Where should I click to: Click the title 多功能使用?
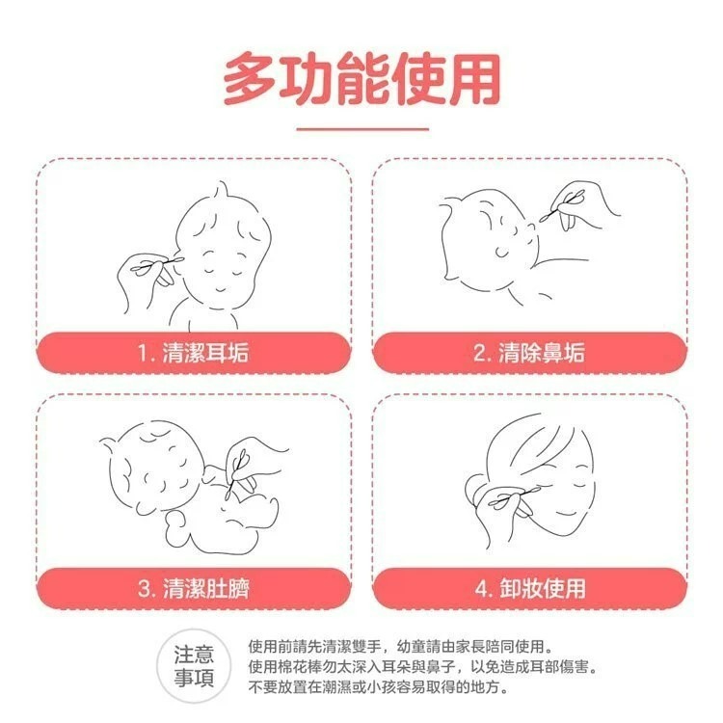coord(361,79)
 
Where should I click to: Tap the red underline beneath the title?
coord(361,128)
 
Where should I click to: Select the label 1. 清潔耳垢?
coord(193,353)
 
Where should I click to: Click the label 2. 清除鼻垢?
coord(529,353)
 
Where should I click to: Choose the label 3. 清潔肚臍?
coord(193,588)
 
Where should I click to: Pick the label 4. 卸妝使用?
coord(529,588)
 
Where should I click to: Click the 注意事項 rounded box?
coord(201,664)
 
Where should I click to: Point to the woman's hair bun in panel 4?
coord(476,492)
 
